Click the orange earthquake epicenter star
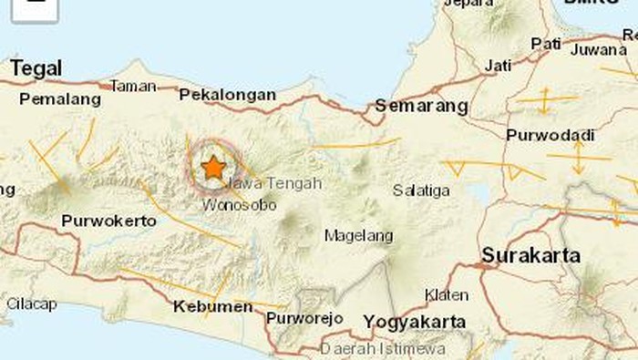click(x=213, y=167)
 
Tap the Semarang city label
click(x=422, y=107)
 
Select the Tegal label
click(x=36, y=68)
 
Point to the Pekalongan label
click(x=227, y=94)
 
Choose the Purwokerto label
click(x=104, y=221)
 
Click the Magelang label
click(x=359, y=235)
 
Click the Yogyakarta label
click(x=415, y=322)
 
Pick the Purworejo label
click(x=304, y=318)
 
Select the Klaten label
click(x=447, y=294)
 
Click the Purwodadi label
click(x=550, y=135)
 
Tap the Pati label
click(x=546, y=42)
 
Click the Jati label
click(x=498, y=66)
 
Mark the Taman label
click(x=133, y=86)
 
